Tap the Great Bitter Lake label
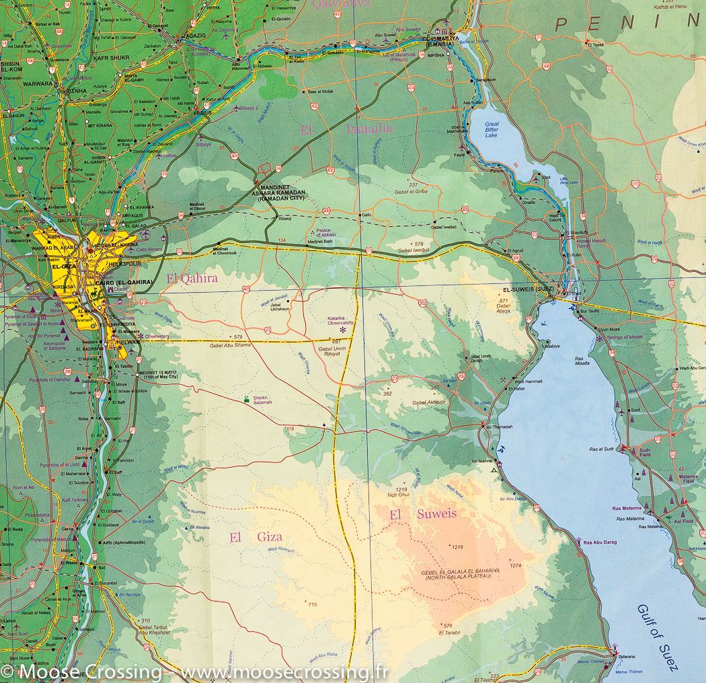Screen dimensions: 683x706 (492, 129)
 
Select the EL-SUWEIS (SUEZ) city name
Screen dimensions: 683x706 (527, 289)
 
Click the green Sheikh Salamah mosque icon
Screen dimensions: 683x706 (247, 399)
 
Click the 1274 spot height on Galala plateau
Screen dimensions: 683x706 (516, 565)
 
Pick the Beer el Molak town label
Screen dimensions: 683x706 (320, 91)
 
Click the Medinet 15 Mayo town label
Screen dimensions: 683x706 (158, 374)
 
